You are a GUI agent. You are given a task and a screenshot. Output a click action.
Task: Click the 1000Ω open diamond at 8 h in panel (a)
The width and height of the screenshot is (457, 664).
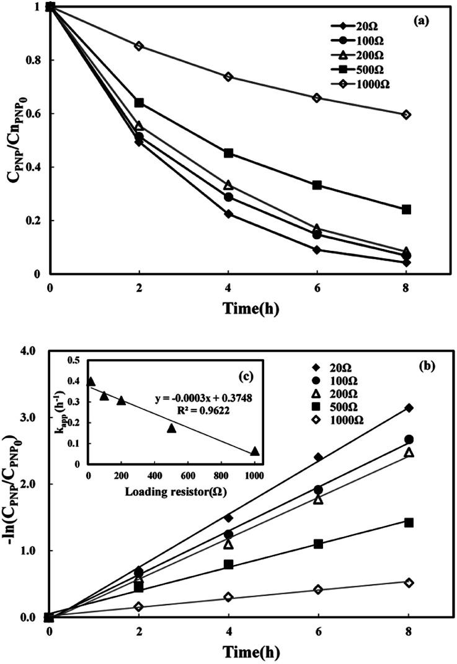[x=406, y=115]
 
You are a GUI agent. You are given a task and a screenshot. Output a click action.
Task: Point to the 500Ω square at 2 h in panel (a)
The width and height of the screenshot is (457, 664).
[x=139, y=102]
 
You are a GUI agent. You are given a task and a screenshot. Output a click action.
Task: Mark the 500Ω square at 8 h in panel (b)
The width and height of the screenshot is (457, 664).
[x=408, y=522]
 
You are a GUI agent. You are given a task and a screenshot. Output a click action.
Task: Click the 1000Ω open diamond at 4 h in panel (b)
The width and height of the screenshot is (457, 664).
[x=228, y=597]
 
